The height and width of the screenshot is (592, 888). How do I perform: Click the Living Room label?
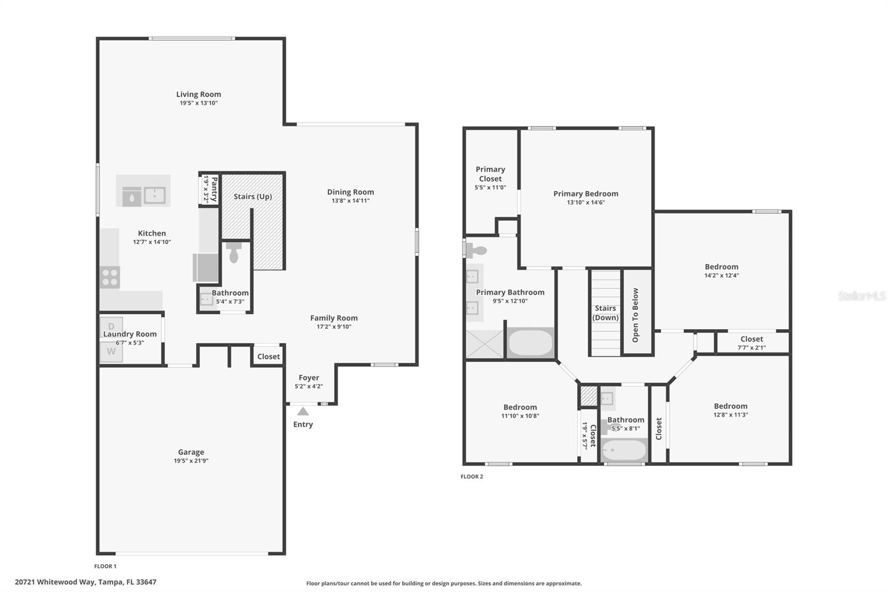[199, 94]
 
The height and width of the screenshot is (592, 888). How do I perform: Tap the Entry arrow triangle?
[303, 412]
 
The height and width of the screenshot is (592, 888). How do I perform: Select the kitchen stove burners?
[110, 277]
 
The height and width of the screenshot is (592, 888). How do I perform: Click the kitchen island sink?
[154, 195]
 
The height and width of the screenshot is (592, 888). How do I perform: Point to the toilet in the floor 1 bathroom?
[234, 253]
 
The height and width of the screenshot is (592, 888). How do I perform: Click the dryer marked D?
[111, 326]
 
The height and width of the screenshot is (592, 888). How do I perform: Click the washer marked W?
[111, 352]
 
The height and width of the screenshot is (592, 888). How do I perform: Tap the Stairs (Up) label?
[253, 197]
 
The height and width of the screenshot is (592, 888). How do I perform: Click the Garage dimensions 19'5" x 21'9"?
[191, 461]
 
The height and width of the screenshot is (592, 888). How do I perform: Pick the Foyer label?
[309, 378]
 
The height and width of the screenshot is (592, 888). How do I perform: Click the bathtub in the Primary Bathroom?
[531, 343]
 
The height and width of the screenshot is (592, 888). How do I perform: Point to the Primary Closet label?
[490, 174]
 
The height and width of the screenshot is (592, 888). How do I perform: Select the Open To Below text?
[635, 315]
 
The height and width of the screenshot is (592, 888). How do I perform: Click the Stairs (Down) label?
[605, 313]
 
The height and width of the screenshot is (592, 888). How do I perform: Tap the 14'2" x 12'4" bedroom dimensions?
[722, 275]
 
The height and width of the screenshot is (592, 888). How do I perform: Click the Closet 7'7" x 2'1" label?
[751, 339]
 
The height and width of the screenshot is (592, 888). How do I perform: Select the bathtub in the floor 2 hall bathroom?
[624, 450]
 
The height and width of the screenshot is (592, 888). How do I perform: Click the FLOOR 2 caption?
[472, 476]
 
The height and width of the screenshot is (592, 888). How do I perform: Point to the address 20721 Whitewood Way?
[85, 582]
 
